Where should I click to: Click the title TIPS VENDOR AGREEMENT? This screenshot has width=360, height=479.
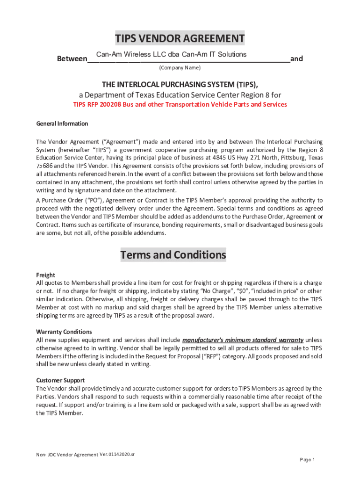point(180,38)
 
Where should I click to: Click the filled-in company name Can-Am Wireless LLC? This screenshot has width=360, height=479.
point(171,54)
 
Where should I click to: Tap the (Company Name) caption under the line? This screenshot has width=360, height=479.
point(180,68)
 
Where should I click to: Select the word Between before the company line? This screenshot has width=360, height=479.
point(72,59)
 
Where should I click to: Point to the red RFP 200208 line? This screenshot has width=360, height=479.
point(180,104)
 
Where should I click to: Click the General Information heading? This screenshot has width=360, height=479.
point(62,124)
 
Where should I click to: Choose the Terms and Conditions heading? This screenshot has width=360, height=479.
point(173,255)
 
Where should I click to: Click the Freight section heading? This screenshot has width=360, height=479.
point(46,275)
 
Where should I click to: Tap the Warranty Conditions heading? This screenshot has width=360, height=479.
point(61,332)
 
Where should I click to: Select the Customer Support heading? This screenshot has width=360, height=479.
point(60,380)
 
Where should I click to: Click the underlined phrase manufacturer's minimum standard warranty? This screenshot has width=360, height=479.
point(243,340)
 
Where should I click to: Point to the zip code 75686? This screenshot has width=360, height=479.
point(45,166)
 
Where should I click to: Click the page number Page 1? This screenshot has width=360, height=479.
point(308,460)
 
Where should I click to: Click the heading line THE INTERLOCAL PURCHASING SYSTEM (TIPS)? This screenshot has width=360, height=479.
point(180,84)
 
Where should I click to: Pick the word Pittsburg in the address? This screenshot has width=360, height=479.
point(293,158)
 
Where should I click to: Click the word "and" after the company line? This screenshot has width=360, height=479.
point(296,59)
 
